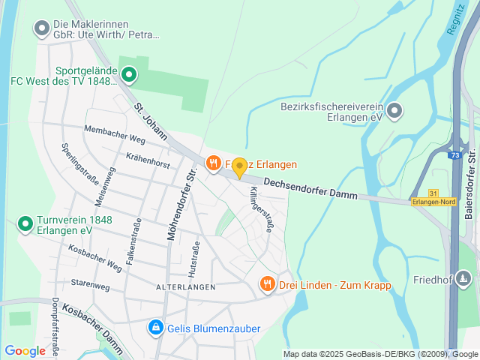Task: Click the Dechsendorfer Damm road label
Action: pyautogui.click(x=310, y=186)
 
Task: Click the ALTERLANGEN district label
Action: pyautogui.click(x=185, y=287)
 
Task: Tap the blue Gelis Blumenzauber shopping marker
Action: pyautogui.click(x=156, y=327)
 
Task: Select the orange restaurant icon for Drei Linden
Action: pyautogui.click(x=266, y=283)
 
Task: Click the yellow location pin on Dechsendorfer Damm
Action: pyautogui.click(x=239, y=167)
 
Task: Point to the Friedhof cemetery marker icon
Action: pyautogui.click(x=464, y=280)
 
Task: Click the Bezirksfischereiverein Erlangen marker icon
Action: pyautogui.click(x=394, y=112)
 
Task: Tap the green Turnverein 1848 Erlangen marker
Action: pyautogui.click(x=24, y=223)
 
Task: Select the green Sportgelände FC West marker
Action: pyautogui.click(x=129, y=74)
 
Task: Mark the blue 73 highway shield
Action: pyautogui.click(x=454, y=155)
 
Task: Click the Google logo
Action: pyautogui.click(x=25, y=350)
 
